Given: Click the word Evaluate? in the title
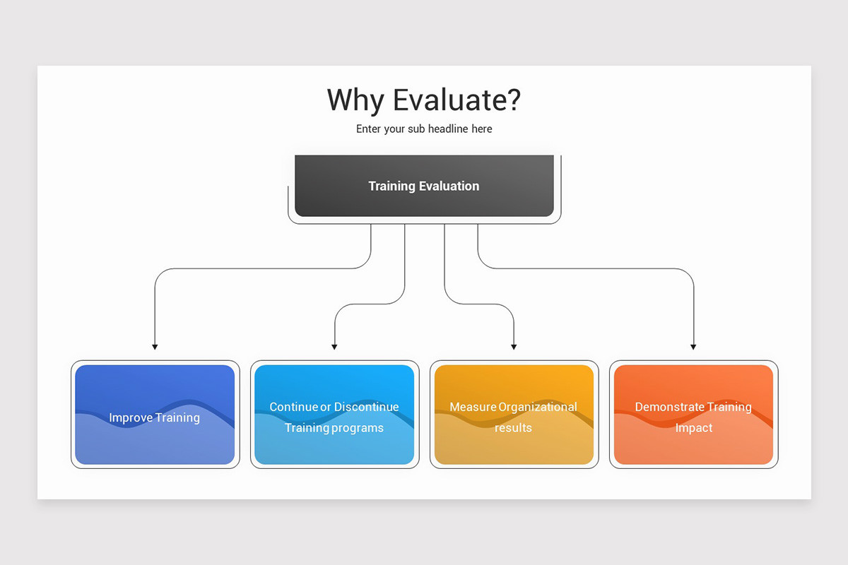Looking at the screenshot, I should (x=457, y=100).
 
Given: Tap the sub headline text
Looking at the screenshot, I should (x=424, y=129).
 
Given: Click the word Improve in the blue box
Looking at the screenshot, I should (x=130, y=417).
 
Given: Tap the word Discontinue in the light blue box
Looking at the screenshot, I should (x=366, y=407).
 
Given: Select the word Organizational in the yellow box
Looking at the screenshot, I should (x=538, y=407).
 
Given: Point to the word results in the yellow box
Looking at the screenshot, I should (x=513, y=428).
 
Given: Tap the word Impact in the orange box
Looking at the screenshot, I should (x=693, y=428).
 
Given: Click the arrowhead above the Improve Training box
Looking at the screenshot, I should (x=155, y=347).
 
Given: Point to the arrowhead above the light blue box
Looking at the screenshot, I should (x=334, y=347).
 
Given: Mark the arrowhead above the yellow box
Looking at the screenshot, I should (x=514, y=347).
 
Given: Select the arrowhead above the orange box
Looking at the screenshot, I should (x=693, y=347).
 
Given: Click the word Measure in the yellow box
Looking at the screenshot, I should (x=473, y=407).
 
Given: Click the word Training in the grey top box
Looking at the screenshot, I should (x=391, y=186).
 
